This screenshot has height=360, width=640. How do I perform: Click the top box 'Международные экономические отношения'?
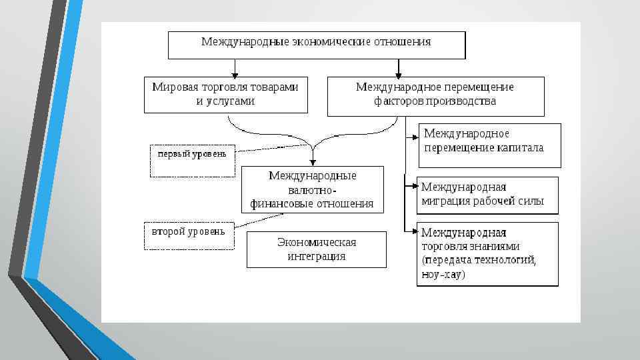click(x=316, y=45)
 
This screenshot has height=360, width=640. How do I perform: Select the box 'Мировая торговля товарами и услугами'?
click(x=226, y=94)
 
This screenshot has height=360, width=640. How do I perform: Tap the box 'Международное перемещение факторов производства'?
click(x=435, y=95)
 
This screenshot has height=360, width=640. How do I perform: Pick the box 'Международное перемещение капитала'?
click(x=489, y=145)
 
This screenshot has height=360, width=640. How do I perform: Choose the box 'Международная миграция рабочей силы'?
click(x=487, y=195)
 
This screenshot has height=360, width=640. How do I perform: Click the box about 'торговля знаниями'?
click(x=487, y=253)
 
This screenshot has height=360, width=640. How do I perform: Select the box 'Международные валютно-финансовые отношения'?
click(x=312, y=189)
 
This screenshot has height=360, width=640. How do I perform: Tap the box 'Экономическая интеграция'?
click(x=316, y=249)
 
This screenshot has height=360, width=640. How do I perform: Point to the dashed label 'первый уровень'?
click(x=192, y=160)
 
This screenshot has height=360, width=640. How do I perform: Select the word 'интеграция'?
click(x=316, y=256)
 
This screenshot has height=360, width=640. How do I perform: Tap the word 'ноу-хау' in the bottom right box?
click(x=443, y=275)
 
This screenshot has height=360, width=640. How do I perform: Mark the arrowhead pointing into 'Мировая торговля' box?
click(x=234, y=73)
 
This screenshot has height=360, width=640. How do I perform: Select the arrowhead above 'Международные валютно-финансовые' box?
click(x=312, y=162)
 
